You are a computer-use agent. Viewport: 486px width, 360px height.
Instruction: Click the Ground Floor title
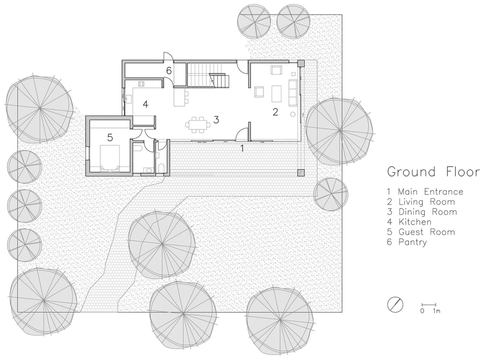(433, 172)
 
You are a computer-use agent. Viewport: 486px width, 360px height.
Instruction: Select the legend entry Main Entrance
(425, 192)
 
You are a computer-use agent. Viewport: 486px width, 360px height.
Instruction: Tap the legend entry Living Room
(421, 202)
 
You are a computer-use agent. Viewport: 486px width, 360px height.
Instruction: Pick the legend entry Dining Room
(422, 212)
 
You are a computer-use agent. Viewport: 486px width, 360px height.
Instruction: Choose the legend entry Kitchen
(409, 222)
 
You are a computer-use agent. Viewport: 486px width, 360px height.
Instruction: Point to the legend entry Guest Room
(421, 232)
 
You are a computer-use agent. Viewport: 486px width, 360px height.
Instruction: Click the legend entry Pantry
(407, 241)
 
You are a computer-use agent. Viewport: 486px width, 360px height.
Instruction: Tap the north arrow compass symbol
(395, 305)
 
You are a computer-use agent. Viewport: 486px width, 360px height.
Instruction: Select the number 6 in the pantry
(168, 71)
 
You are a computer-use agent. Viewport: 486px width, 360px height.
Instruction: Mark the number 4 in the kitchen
(145, 104)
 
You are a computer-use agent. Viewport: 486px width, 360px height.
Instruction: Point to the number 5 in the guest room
(110, 137)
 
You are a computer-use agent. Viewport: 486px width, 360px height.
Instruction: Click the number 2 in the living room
(275, 112)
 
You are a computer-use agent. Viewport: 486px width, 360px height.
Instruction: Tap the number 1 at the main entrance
(243, 148)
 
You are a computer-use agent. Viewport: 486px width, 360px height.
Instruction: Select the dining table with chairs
(198, 125)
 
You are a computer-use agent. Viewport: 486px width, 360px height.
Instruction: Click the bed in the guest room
(110, 157)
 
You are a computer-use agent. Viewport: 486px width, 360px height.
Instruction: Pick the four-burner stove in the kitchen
(141, 84)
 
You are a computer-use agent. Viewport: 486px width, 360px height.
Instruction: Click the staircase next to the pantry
(206, 75)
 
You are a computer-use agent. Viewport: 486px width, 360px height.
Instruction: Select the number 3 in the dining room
(216, 120)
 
